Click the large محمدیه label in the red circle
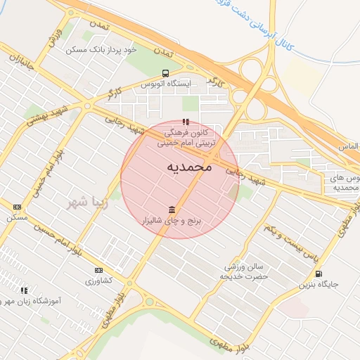click(189, 167)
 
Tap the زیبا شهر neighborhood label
click(88, 203)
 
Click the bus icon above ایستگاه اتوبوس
click(165, 73)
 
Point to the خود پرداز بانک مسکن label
click(100, 50)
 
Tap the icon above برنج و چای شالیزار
click(172, 210)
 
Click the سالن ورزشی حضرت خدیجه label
click(243, 271)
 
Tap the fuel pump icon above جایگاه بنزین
click(319, 274)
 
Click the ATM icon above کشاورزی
click(98, 270)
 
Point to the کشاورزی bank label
click(99, 281)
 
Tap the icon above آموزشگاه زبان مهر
click(25, 290)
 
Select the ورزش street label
click(57, 37)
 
